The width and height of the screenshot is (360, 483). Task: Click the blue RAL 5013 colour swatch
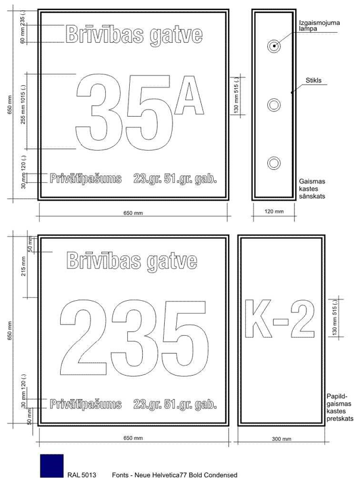coord(52,466)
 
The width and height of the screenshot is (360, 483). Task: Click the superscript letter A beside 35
coord(189,95)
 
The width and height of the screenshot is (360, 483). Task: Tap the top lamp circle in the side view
coord(274,46)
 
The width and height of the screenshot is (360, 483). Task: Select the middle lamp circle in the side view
coord(274,105)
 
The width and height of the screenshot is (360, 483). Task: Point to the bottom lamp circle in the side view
coord(274,163)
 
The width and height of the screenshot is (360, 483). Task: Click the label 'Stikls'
coord(313,80)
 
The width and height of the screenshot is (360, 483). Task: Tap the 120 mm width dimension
coord(274,211)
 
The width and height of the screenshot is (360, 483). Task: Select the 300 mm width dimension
coord(281,439)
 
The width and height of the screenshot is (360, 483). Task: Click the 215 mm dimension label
coord(24,266)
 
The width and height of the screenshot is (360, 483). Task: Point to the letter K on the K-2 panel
coord(258,319)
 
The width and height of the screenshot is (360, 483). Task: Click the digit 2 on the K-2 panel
coord(303,319)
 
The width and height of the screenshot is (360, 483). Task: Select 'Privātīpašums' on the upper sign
coord(86,179)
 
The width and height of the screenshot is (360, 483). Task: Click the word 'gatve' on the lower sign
coord(172,261)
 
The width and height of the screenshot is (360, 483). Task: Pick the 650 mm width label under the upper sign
coord(133,213)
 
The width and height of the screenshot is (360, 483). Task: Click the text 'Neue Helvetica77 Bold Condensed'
coord(186,475)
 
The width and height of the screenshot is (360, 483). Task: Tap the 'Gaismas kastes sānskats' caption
coord(312,189)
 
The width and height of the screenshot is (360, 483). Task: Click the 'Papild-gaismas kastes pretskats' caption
coord(340,407)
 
